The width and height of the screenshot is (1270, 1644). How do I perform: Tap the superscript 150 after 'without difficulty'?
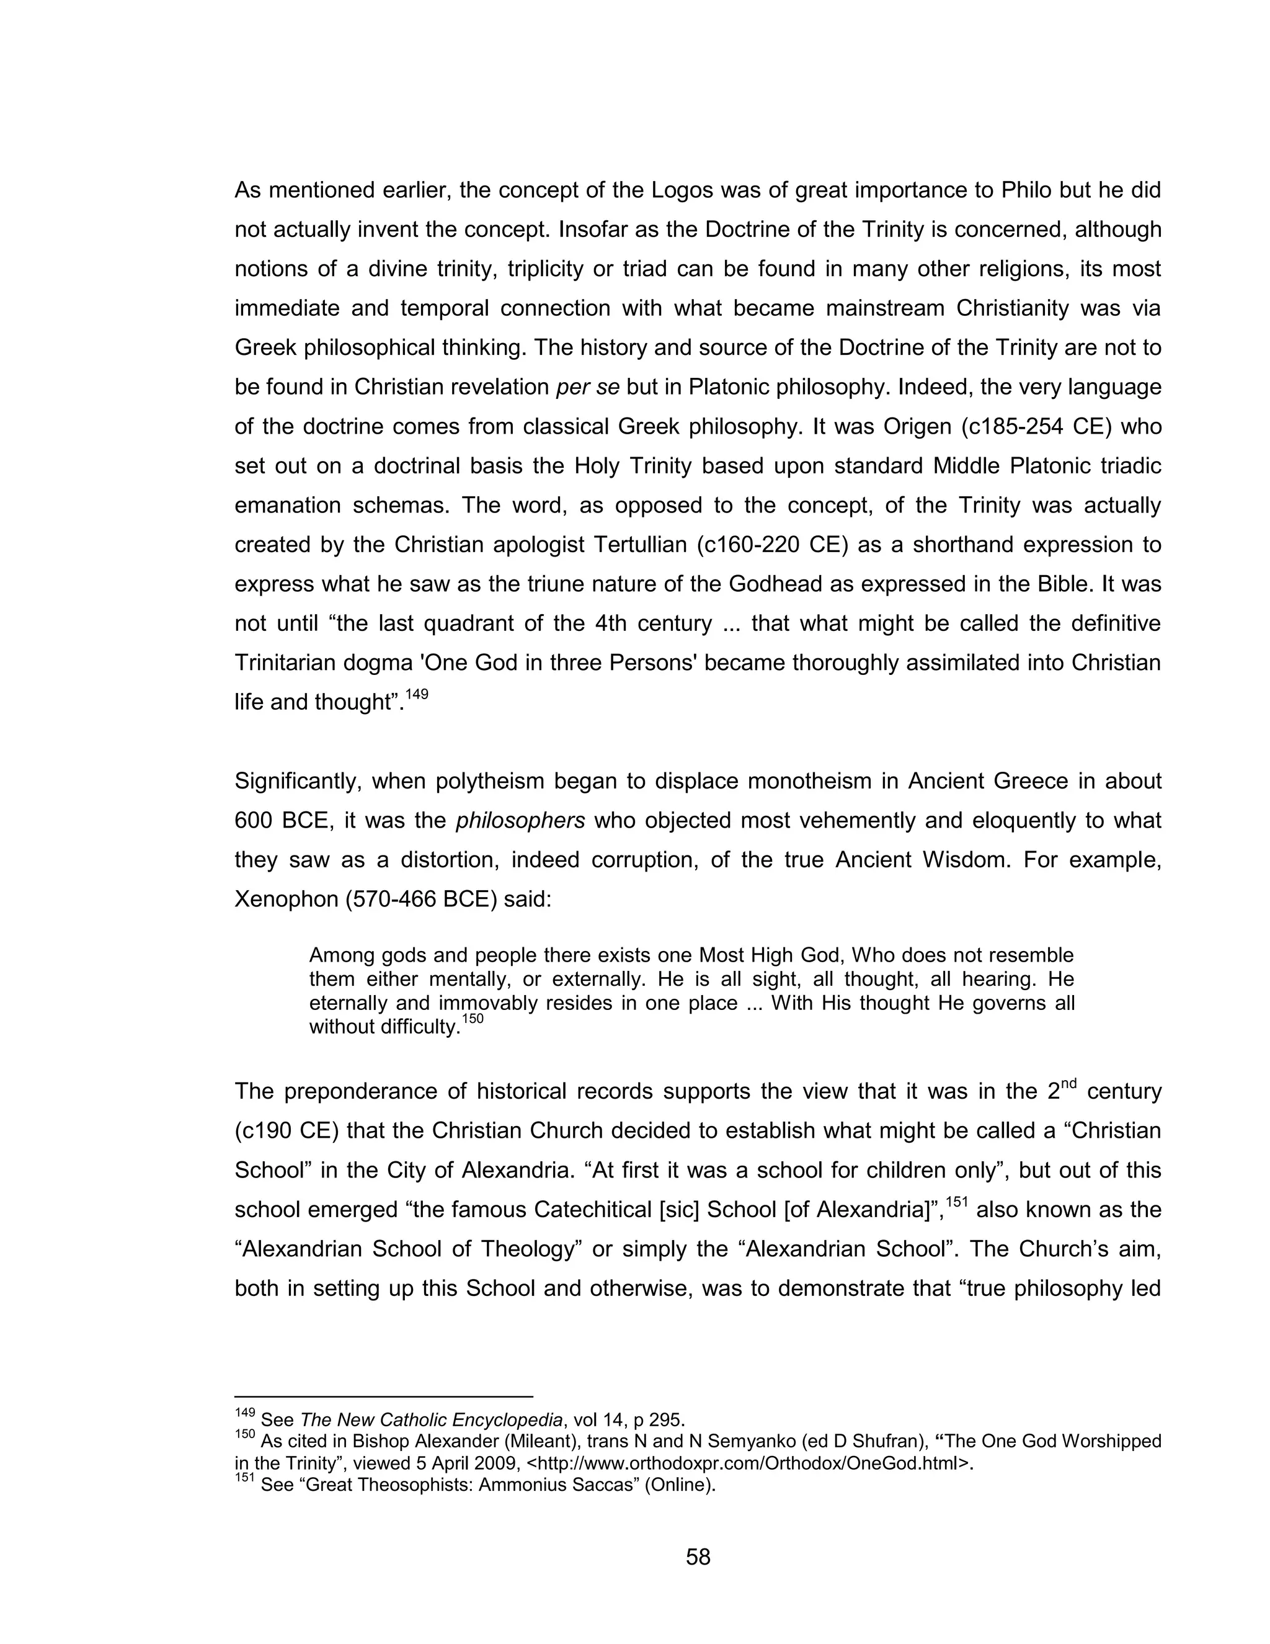(472, 1019)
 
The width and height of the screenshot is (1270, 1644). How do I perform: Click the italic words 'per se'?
(588, 387)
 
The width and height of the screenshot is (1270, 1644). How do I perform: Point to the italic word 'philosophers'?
(520, 821)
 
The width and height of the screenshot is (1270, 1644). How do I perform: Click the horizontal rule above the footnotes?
(384, 1396)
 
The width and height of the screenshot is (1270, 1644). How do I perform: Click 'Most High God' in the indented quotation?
(772, 956)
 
